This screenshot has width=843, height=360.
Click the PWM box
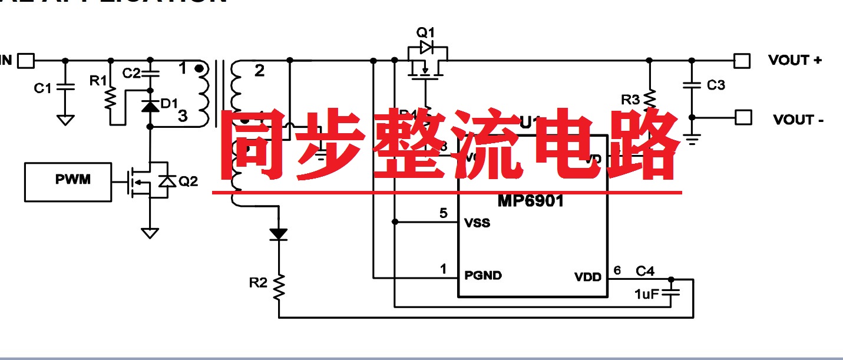68,181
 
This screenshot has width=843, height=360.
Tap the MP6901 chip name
531,202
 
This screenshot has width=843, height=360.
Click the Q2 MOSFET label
188,181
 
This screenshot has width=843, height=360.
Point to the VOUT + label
795,60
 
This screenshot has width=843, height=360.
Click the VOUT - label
798,120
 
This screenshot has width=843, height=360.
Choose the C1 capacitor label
42,88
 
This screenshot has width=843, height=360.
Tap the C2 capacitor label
131,73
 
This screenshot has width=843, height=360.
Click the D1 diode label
169,104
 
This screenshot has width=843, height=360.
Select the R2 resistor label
257,283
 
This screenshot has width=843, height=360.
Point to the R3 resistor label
630,100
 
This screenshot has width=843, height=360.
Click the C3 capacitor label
716,85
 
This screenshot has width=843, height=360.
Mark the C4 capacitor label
645,271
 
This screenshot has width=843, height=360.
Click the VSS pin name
477,223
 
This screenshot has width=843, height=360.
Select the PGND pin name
483,275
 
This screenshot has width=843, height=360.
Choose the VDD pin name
588,276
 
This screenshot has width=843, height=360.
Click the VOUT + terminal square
742,60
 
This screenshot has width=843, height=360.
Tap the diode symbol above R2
279,234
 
